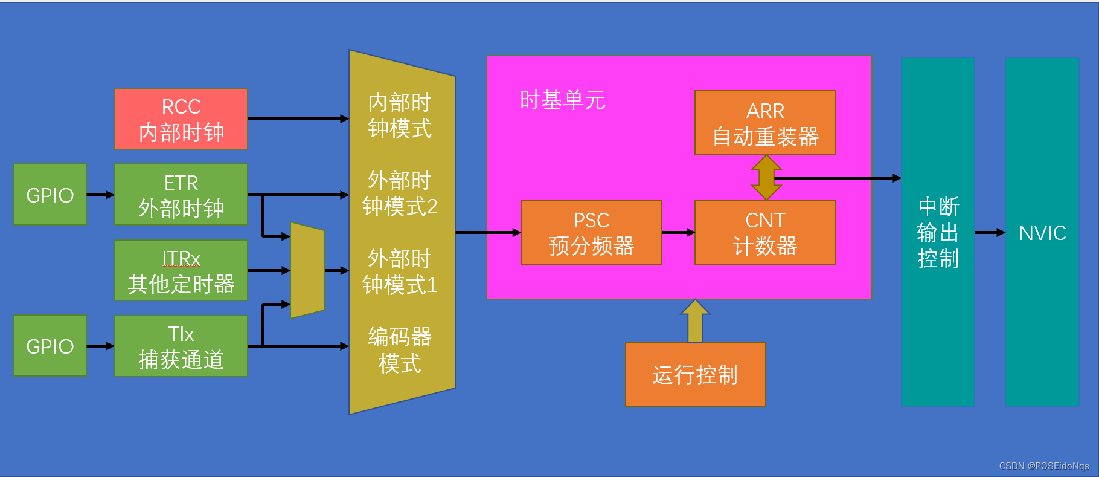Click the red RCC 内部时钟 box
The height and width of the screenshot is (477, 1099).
tap(181, 119)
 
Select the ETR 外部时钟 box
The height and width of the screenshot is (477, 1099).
tap(181, 195)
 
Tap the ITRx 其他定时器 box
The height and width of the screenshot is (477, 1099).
tap(181, 270)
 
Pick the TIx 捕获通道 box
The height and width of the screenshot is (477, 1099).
tap(181, 346)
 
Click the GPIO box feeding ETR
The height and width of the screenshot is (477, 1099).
tap(50, 195)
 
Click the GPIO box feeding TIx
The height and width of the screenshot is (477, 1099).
tap(50, 346)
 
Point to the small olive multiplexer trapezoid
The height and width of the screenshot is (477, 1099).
tap(307, 270)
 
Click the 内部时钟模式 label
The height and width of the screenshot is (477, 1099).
tap(400, 115)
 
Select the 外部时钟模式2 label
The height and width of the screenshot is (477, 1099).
tap(400, 193)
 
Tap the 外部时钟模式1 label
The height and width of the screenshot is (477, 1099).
tap(400, 271)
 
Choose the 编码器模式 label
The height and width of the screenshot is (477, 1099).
tap(400, 350)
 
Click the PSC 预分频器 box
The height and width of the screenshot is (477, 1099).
tap(591, 232)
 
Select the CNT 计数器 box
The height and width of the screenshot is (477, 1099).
tap(765, 232)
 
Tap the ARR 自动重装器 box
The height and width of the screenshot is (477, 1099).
tap(765, 123)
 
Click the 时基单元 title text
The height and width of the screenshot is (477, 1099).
tap(562, 100)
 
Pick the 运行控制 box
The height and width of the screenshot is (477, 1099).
tap(695, 374)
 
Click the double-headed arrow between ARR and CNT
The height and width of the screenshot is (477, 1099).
tap(766, 178)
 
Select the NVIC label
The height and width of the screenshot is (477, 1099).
tap(1042, 233)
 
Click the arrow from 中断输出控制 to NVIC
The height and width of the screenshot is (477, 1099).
tap(990, 233)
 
